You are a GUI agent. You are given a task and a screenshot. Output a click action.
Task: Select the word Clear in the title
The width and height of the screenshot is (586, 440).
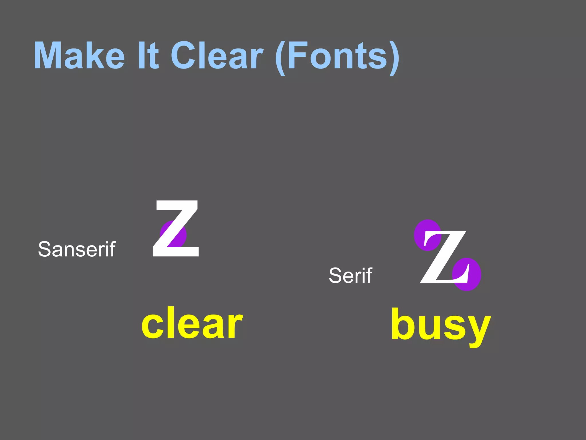coord(217,56)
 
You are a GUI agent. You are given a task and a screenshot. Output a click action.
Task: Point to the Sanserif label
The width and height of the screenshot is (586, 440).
coord(77,249)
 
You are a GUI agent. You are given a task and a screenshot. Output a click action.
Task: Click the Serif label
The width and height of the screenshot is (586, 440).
coord(350,276)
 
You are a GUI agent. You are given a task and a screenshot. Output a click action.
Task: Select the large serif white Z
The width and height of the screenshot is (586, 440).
coord(444,257)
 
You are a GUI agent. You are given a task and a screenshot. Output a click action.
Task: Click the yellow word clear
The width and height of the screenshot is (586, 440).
coord(192,323)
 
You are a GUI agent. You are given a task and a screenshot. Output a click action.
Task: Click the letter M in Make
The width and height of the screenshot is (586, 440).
coord(49,56)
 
